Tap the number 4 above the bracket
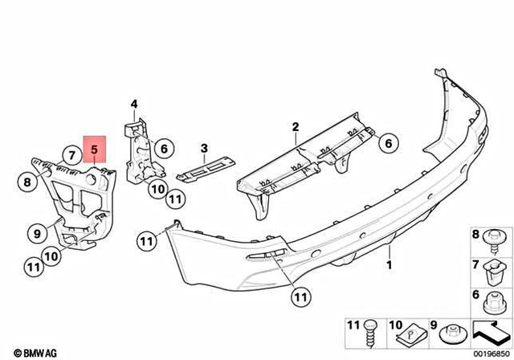[x=134, y=103]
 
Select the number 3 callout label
[x=204, y=148]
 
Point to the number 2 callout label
[x=295, y=127]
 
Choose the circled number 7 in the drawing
[x=71, y=153]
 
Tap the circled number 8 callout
[x=27, y=182]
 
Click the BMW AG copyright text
[x=23, y=351]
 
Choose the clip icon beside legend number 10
[x=412, y=329]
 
